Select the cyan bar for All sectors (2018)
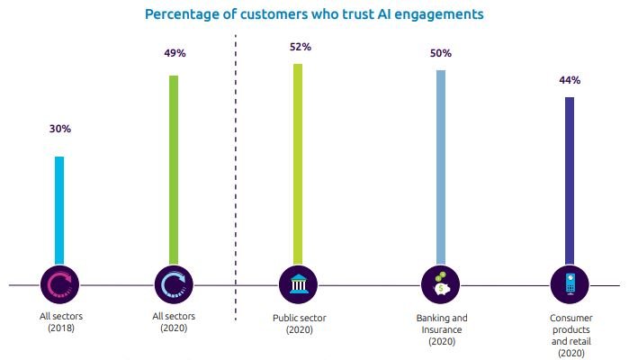point(59,211)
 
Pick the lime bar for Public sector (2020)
point(298,166)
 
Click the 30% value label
point(60,129)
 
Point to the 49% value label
point(175,53)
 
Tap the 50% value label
point(441,53)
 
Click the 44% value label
point(569,79)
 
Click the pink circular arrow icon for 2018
point(59,284)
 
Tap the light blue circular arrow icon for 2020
point(174,284)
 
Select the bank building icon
point(298,284)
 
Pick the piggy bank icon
point(441,284)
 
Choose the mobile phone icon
point(569,284)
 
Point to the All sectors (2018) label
point(59,322)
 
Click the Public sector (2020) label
point(298,324)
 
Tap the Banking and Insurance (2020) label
point(441,330)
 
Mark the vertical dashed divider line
point(236,180)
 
